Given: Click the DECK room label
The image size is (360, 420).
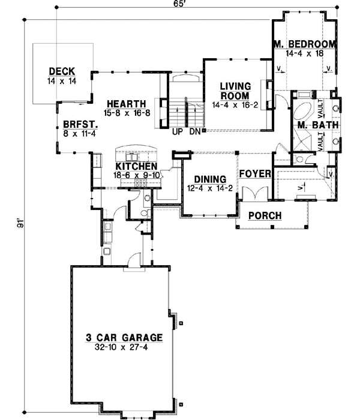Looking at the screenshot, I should coord(61,71).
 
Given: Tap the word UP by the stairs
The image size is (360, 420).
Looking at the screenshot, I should coord(177,131).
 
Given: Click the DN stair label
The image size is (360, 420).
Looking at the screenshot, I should coord(193,131).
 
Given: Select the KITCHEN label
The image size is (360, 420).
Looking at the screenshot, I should coord(136,166).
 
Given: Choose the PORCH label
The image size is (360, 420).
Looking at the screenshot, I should coord(264,215).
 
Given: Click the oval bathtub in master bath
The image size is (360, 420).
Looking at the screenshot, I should coord(303,112).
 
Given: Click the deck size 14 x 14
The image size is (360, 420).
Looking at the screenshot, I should coord(61,80).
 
